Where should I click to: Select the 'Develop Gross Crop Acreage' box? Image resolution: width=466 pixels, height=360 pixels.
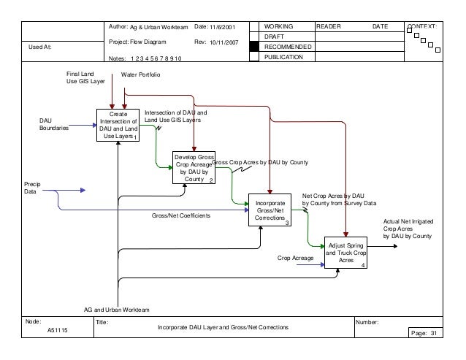click(194, 167)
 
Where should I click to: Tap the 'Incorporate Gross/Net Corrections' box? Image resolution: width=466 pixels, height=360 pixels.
click(270, 210)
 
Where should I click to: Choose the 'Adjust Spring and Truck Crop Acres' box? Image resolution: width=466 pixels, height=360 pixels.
click(346, 253)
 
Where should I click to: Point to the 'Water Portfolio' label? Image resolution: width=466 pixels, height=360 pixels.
click(141, 75)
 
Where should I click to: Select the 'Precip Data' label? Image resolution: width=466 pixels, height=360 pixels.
click(32, 188)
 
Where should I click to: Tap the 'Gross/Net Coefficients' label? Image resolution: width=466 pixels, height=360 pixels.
click(181, 216)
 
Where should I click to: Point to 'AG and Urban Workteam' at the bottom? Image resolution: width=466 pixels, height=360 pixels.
click(116, 310)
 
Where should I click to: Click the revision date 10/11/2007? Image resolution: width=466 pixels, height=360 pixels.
click(224, 42)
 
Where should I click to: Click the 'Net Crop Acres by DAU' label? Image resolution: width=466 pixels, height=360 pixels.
click(333, 196)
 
